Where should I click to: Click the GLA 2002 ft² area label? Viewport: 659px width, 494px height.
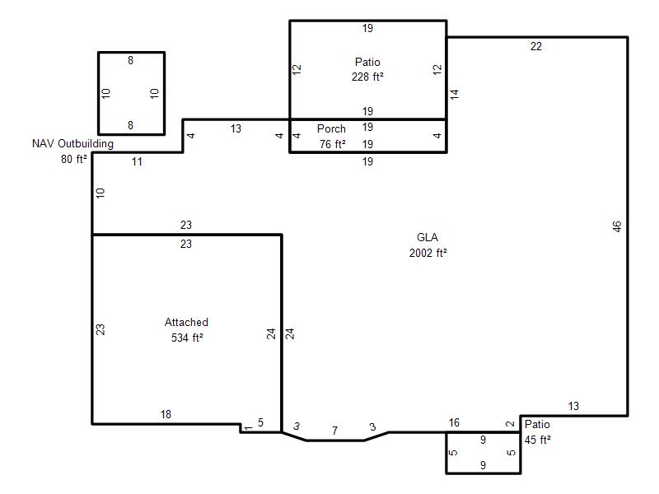[428, 245]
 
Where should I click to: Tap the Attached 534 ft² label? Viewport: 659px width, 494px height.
[187, 330]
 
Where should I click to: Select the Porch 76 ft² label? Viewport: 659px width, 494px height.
[332, 136]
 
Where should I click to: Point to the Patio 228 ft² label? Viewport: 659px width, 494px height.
[367, 69]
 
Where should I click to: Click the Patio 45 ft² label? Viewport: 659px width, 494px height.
[538, 431]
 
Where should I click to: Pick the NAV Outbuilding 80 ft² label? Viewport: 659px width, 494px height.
[72, 151]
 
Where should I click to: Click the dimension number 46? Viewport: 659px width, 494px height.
[616, 226]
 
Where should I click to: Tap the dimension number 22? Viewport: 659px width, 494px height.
[536, 46]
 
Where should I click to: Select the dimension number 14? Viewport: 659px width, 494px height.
[455, 94]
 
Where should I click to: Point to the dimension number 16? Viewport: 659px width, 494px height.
[454, 422]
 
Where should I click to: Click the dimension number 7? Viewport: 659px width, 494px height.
[334, 431]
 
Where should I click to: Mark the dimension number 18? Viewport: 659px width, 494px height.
[166, 415]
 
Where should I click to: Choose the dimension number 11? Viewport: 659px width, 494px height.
[137, 161]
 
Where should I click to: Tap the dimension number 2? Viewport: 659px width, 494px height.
[510, 424]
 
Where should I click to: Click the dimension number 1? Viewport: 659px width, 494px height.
[249, 428]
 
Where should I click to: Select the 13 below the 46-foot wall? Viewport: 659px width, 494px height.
[573, 406]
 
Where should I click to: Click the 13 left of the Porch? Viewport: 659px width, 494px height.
[236, 128]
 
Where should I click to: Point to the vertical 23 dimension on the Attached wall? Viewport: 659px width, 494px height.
[100, 329]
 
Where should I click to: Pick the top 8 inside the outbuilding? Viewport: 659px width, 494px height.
[131, 60]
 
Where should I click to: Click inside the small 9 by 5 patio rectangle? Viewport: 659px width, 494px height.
[484, 453]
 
